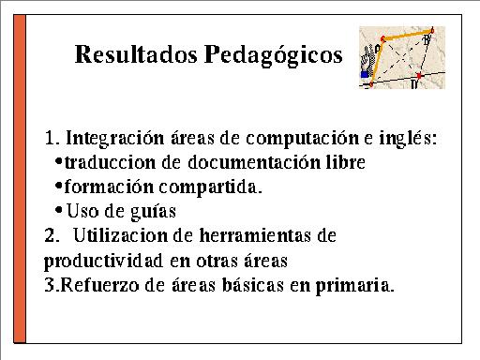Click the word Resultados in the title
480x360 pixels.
(x=136, y=54)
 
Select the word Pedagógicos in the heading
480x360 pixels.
(x=274, y=55)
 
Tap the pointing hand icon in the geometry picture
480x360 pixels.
(x=367, y=62)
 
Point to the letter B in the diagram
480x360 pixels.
(x=427, y=39)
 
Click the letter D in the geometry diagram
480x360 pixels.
(x=414, y=84)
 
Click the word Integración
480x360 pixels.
(x=115, y=138)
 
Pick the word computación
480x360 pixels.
(x=302, y=139)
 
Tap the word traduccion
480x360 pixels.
(x=110, y=162)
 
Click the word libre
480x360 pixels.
(x=346, y=162)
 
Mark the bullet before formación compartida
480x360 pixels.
(x=58, y=186)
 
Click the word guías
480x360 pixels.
(x=153, y=212)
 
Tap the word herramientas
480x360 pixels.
(x=255, y=235)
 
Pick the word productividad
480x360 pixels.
(x=103, y=261)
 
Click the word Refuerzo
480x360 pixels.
(x=99, y=285)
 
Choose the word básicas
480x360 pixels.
(x=253, y=285)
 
